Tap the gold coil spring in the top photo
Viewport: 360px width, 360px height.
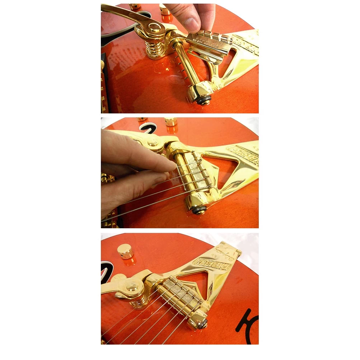pos(153,47)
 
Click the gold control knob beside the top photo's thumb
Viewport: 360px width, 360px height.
pos(165,9)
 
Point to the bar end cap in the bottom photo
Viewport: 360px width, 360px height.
pos(201,323)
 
